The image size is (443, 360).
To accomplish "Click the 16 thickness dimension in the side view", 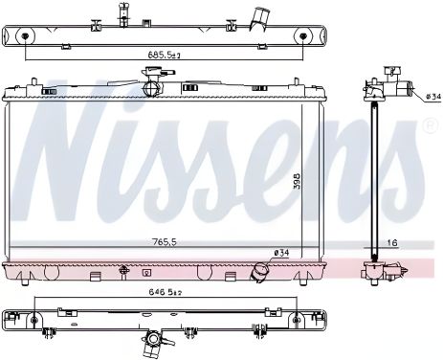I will (x=391, y=242).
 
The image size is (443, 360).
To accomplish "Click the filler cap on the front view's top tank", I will (x=150, y=88).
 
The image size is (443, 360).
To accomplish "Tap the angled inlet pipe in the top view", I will (x=259, y=18).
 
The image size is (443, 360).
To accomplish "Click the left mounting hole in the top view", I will (x=23, y=37).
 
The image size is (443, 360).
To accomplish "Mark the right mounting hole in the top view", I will (x=304, y=37).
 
